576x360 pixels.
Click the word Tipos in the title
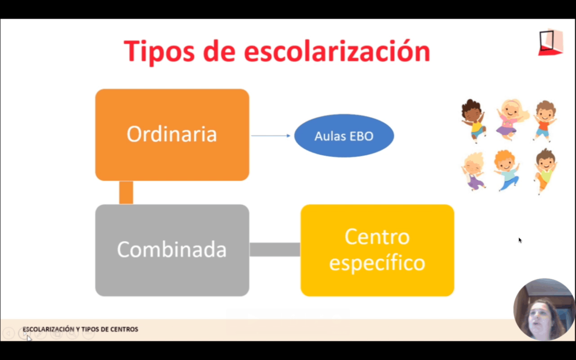[x=159, y=52]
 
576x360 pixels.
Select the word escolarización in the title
[x=337, y=51]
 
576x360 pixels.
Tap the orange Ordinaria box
[x=172, y=135]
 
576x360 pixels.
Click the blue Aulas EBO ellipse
[x=344, y=135]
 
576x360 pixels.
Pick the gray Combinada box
[x=172, y=250]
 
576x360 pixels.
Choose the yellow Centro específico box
[x=377, y=250]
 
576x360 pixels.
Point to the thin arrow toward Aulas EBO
[x=271, y=135]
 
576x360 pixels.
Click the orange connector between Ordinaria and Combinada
[x=126, y=193]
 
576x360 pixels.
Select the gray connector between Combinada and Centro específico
[x=275, y=249]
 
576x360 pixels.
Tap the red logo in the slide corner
[x=550, y=42]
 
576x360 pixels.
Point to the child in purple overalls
[x=474, y=171]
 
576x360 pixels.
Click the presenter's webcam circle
[x=544, y=309]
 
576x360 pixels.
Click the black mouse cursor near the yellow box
[x=520, y=240]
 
